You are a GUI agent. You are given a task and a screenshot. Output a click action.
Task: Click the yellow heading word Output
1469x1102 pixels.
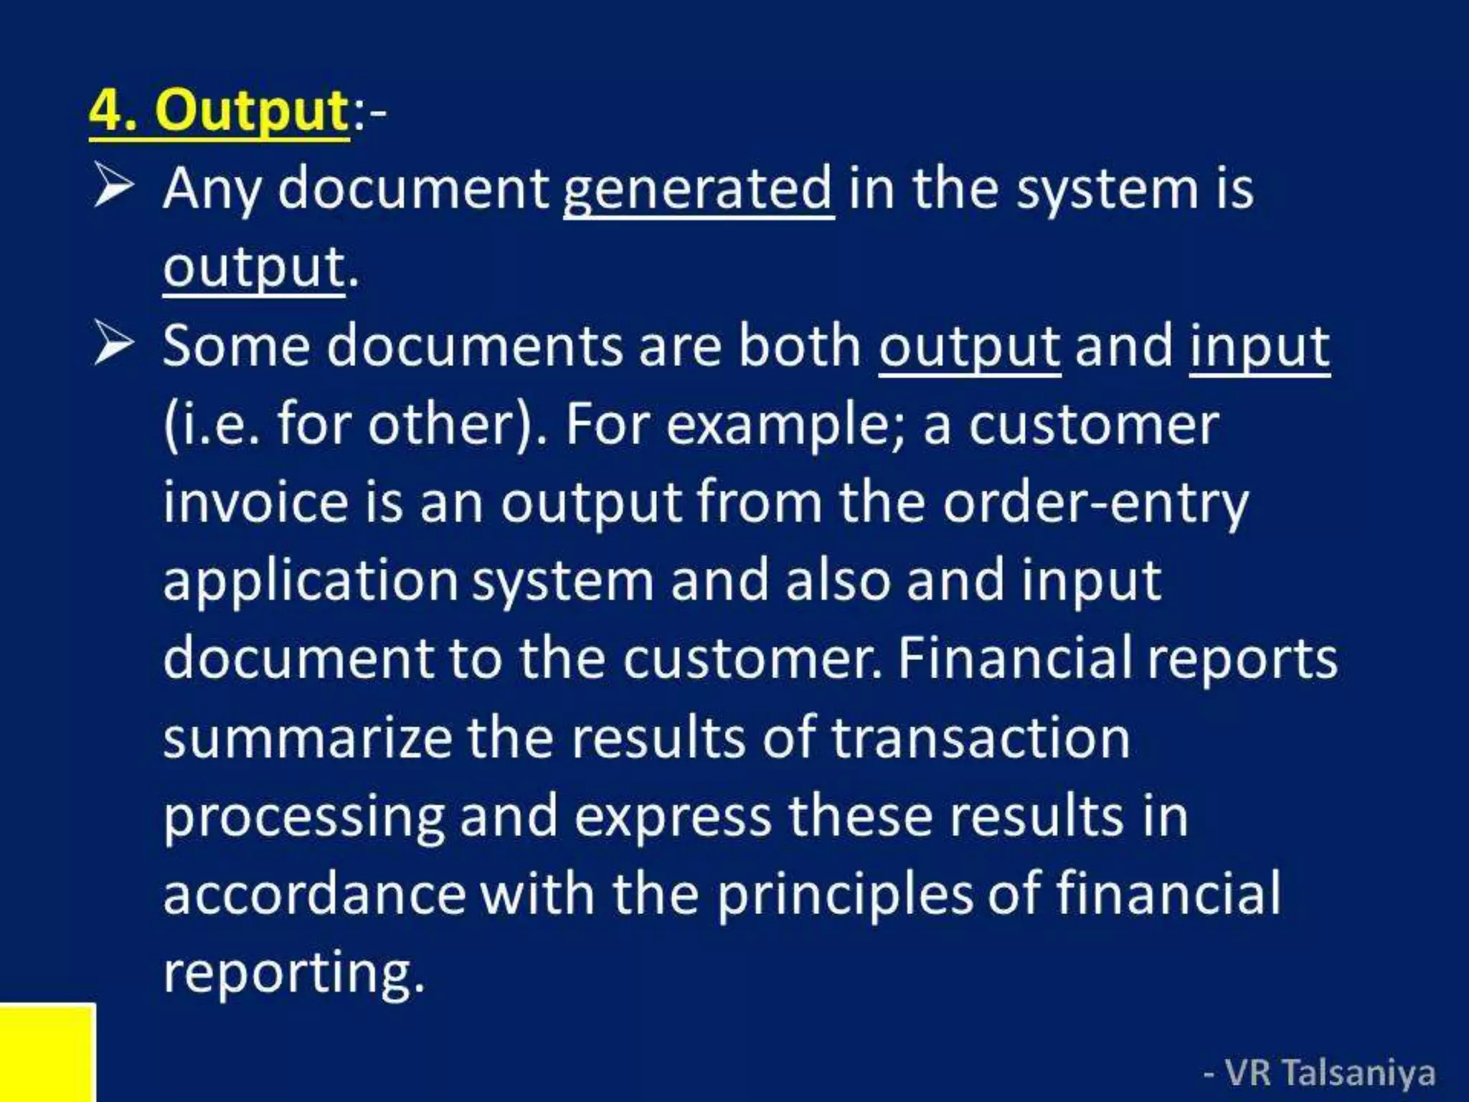pos(252,110)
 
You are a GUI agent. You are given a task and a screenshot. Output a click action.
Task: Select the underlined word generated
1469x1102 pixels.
pos(698,189)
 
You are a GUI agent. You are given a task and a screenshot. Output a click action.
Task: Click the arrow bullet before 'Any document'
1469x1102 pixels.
pos(113,186)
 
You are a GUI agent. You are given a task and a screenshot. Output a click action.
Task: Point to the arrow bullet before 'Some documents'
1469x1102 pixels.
pos(113,344)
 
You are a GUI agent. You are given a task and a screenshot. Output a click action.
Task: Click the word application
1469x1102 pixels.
pos(311,582)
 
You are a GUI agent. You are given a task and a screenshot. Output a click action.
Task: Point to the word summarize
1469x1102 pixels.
pos(307,738)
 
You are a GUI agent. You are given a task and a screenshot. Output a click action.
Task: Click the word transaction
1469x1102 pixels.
pos(980,738)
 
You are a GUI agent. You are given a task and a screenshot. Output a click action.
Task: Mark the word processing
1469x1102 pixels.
pos(303,818)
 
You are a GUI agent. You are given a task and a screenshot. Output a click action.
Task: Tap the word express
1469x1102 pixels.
pos(673,818)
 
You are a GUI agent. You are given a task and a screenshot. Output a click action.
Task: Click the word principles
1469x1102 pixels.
pos(845,896)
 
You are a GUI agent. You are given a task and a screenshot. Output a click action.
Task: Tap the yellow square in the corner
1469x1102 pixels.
pos(47,1052)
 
